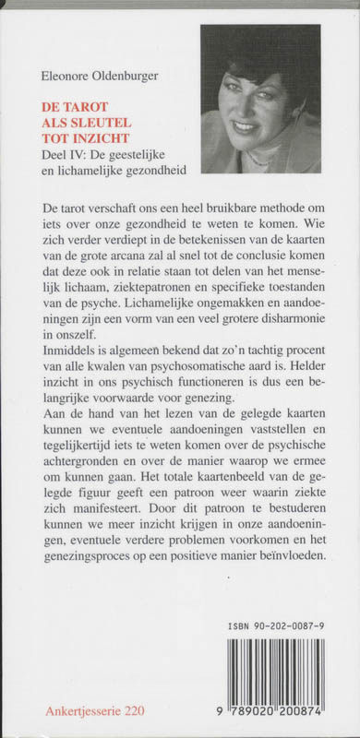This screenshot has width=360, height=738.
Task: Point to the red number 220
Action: pos(140,714)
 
